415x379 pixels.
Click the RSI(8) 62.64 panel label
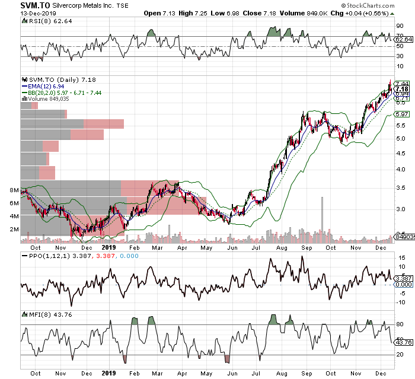tap(43, 21)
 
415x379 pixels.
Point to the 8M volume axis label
tap(14, 190)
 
